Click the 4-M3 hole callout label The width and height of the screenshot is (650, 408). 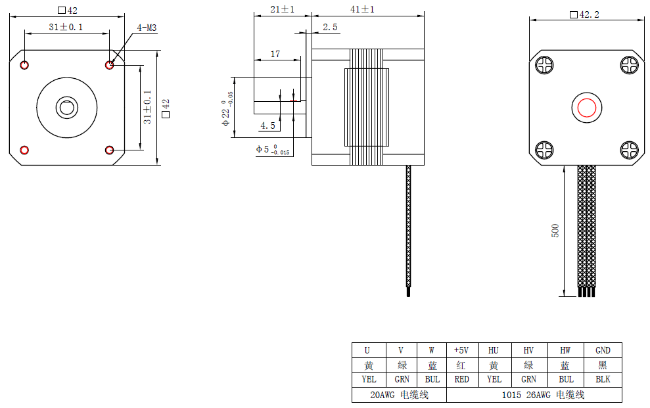[x=147, y=28]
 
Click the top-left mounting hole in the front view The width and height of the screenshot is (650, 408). [x=24, y=65]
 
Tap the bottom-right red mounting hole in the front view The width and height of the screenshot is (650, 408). [x=110, y=150]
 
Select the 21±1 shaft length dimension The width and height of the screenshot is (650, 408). [x=283, y=10]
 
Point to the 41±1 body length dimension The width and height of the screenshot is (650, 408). [x=362, y=10]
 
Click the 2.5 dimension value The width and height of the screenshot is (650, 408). [x=330, y=28]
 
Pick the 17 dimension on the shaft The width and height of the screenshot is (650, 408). [x=275, y=55]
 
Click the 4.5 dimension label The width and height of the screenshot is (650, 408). [x=267, y=125]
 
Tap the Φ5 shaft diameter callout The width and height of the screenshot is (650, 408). [x=272, y=149]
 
